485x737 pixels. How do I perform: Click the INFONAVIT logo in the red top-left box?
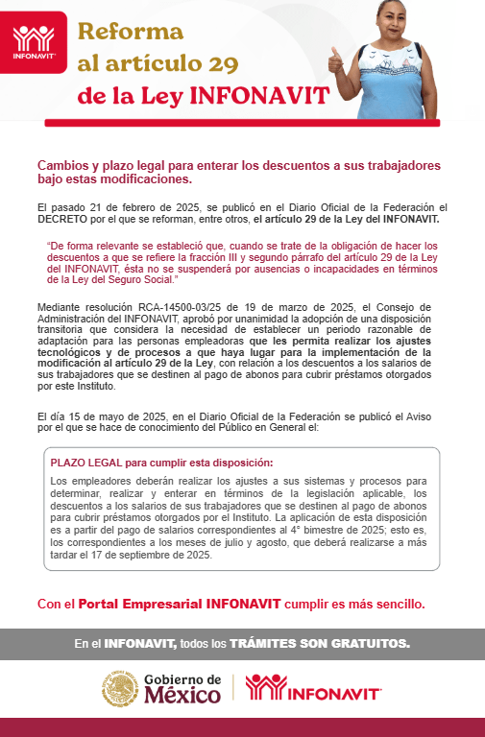coord(35,41)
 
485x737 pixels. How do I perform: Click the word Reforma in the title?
coord(130,30)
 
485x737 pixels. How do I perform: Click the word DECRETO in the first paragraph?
coord(62,218)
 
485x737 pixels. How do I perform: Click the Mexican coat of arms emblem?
coord(120,689)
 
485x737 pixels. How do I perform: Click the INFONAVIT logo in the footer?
coord(313,689)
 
